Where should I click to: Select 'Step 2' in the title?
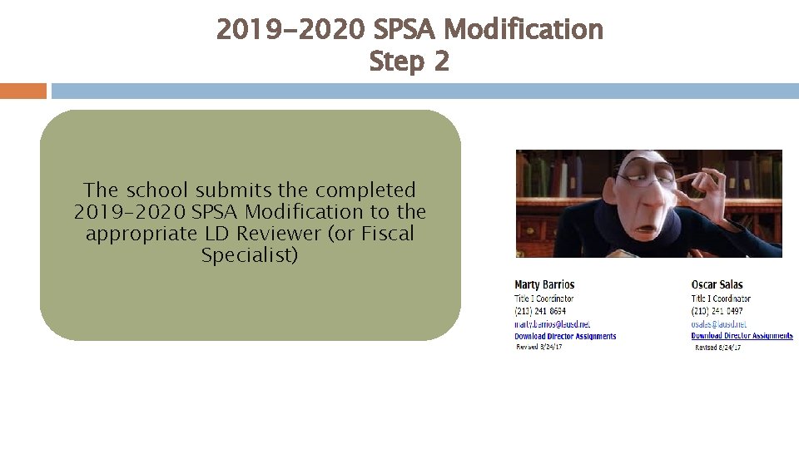click(409, 61)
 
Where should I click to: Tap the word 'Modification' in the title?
click(524, 29)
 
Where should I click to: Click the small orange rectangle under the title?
click(23, 91)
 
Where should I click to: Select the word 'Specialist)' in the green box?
click(249, 255)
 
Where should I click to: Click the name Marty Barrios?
click(544, 284)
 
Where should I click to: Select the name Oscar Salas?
click(717, 284)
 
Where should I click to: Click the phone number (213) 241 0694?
click(540, 311)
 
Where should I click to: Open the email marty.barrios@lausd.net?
click(552, 323)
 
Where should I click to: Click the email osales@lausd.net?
click(718, 323)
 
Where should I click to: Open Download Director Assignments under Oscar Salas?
click(742, 336)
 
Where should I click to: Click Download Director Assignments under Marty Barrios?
click(565, 336)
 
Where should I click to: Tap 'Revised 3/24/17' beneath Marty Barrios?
click(539, 347)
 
